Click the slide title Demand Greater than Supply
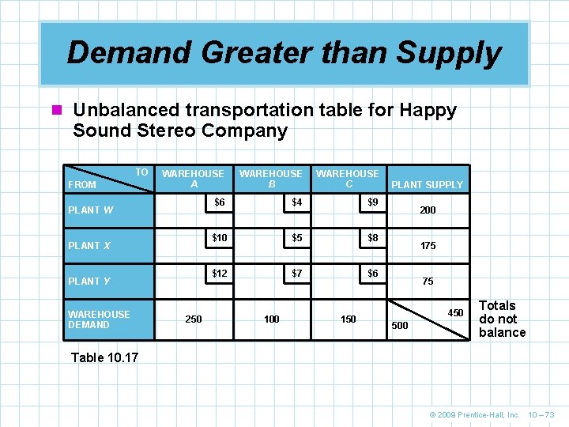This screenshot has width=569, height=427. coord(284,53)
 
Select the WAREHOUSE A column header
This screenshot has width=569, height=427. coord(193,179)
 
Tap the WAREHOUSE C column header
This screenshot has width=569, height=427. coord(347,179)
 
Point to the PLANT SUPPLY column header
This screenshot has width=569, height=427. coord(428,185)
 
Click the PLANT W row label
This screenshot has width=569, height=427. coord(90,210)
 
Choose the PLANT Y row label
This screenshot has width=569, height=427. coord(89,282)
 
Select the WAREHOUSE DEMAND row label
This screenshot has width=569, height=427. coord(99,319)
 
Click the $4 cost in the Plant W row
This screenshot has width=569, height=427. coord(296,202)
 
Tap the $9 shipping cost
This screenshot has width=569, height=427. coord(373,202)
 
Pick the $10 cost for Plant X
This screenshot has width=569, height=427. coord(219,238)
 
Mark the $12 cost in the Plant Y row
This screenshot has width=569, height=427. coord(219,274)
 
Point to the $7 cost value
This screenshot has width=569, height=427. coord(296,274)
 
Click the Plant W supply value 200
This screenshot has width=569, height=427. coord(428,211)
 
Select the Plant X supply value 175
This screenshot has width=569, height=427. coord(428,246)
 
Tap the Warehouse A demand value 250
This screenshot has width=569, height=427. coord(193,319)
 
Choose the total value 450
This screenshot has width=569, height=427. coord(456,313)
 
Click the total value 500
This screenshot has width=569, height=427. coord(401,326)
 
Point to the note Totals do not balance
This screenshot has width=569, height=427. coord(502,319)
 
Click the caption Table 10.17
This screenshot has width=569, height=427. coord(104,357)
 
